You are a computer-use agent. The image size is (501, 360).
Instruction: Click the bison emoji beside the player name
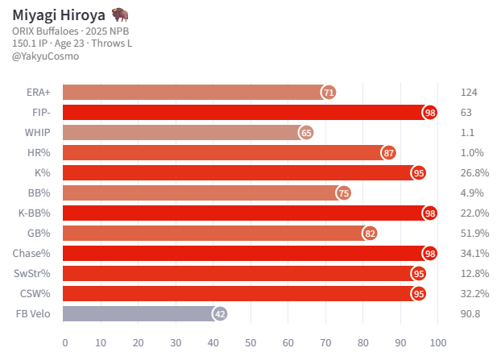(120, 15)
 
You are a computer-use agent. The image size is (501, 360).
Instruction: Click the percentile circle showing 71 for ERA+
(329, 93)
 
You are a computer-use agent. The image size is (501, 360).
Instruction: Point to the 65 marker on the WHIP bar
(306, 133)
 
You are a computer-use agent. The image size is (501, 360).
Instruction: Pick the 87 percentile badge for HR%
(389, 153)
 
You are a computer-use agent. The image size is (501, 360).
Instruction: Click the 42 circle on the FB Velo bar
(220, 314)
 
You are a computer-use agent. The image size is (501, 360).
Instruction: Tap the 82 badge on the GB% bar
(371, 234)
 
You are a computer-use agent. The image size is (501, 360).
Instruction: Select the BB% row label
(39, 193)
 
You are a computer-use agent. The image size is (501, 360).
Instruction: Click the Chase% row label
(33, 254)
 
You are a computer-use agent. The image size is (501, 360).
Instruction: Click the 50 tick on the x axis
(250, 342)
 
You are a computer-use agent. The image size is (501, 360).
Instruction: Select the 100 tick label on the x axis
(438, 342)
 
